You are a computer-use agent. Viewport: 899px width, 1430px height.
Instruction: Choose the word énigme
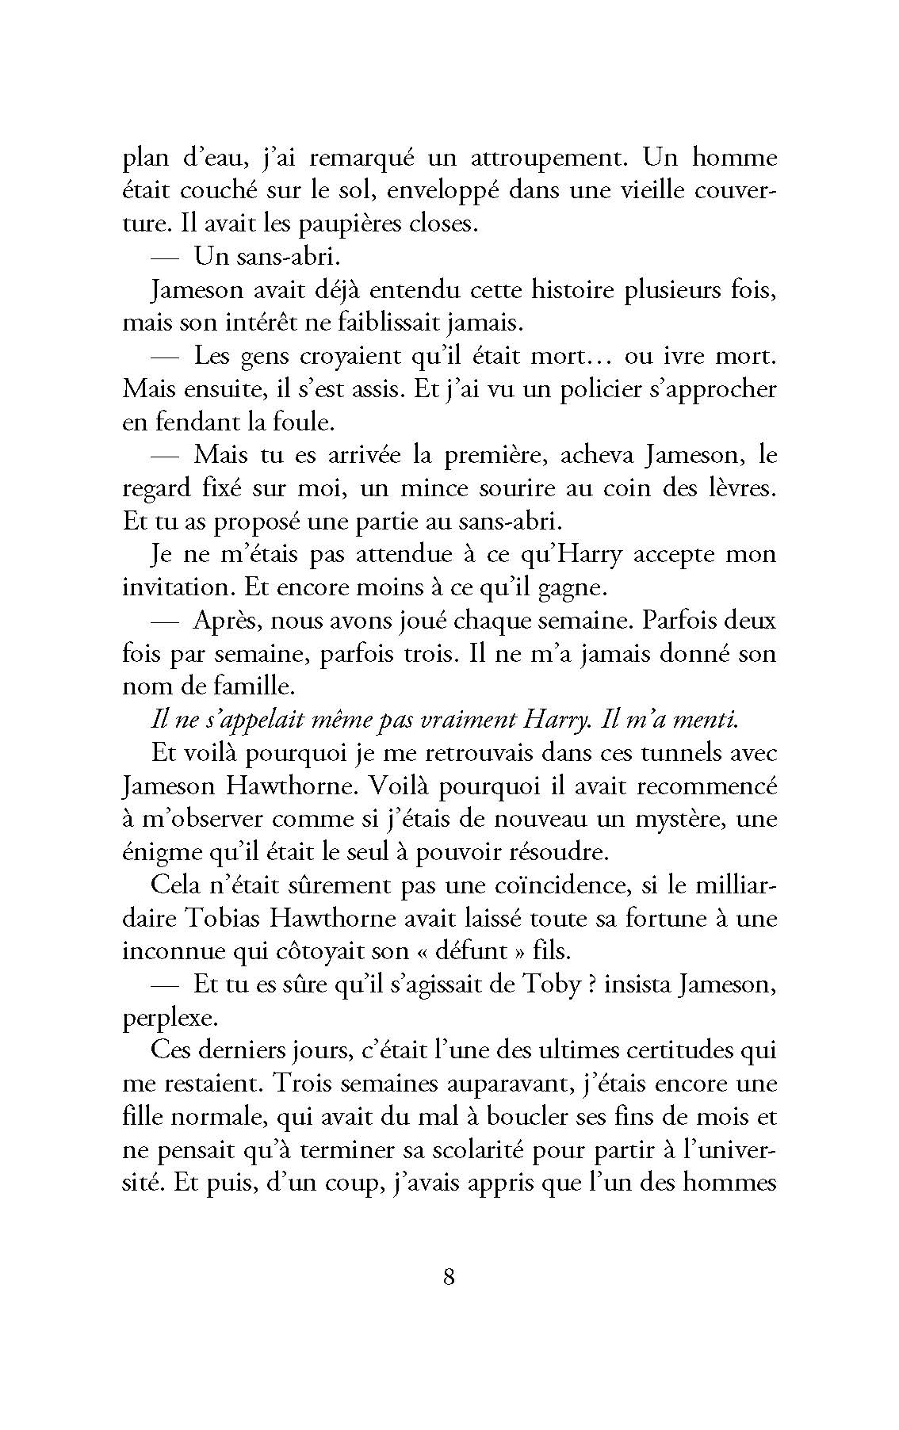pos(160,853)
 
